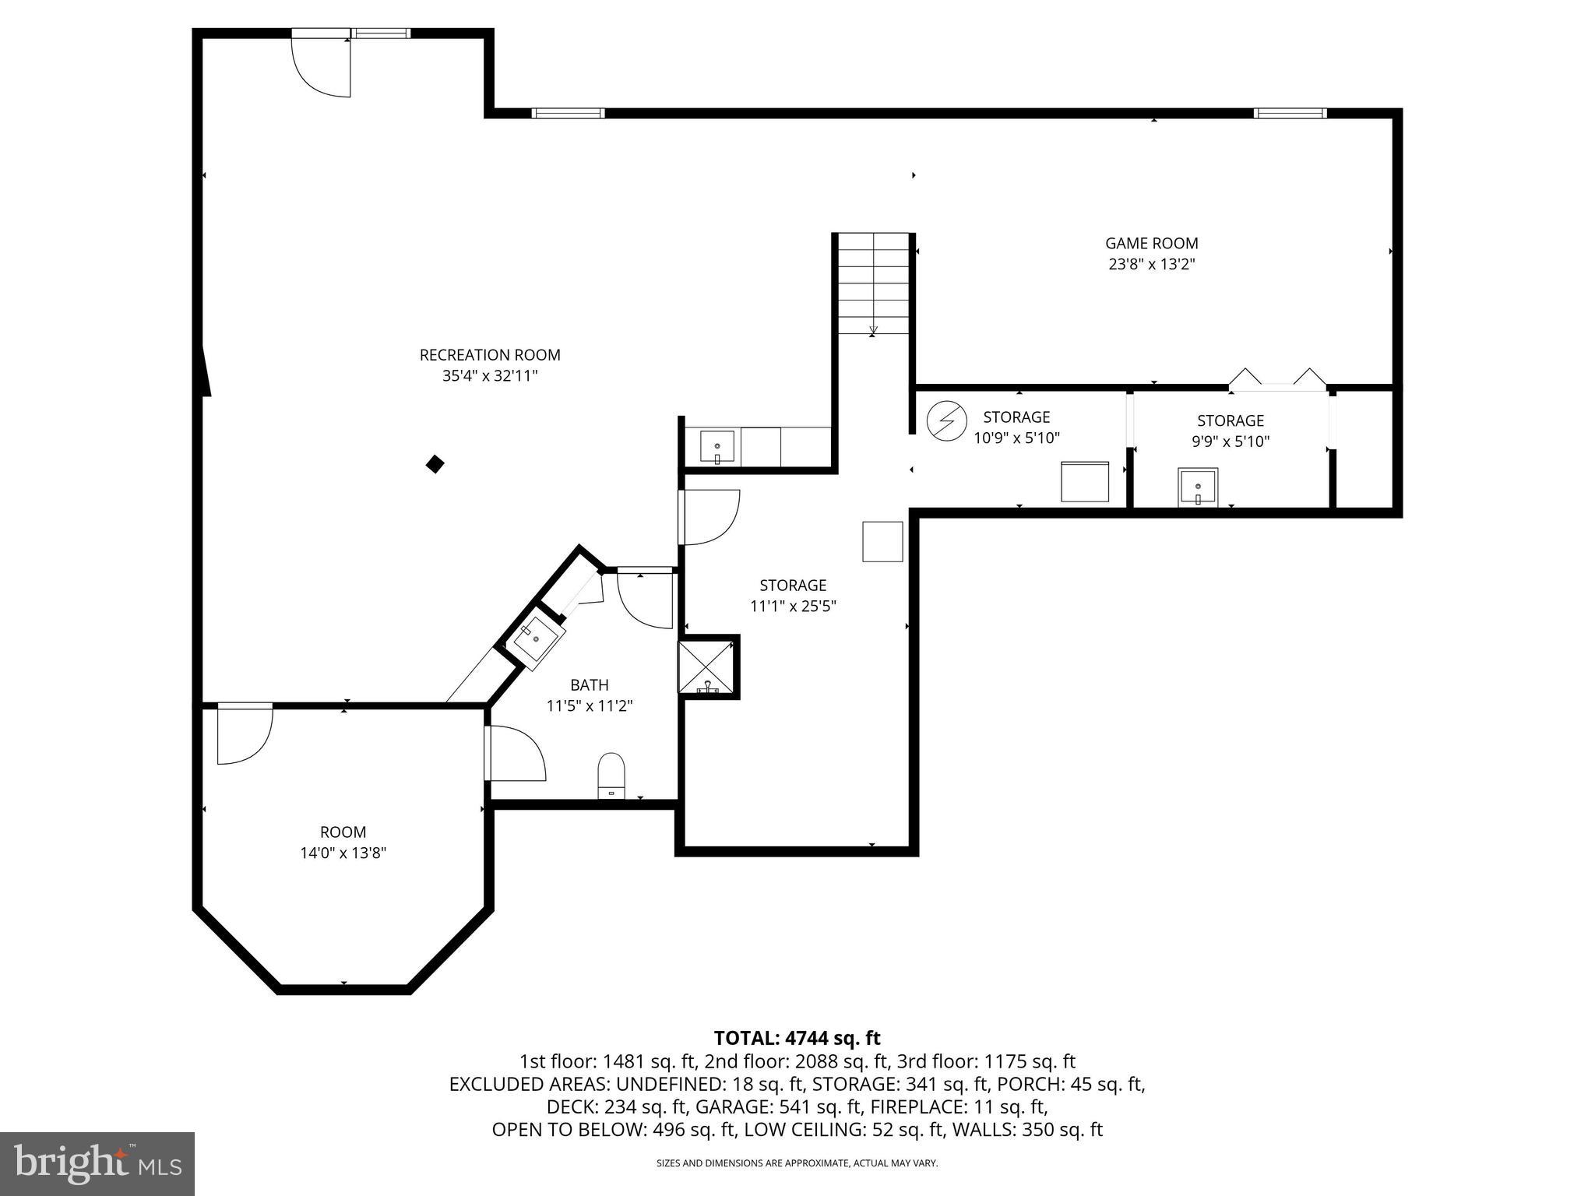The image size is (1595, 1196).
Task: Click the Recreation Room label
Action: pyautogui.click(x=490, y=355)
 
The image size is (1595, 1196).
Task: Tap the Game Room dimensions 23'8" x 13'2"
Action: pyautogui.click(x=1152, y=265)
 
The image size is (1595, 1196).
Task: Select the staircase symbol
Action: pyautogui.click(x=873, y=283)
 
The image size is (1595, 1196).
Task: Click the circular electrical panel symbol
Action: pyautogui.click(x=946, y=420)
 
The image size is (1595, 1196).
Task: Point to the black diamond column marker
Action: pyautogui.click(x=435, y=465)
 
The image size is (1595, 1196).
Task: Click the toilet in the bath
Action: pyautogui.click(x=611, y=775)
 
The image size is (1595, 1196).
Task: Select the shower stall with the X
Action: pyautogui.click(x=707, y=667)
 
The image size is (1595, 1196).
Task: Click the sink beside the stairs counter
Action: pyautogui.click(x=717, y=447)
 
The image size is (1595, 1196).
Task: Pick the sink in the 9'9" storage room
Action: pyautogui.click(x=1198, y=487)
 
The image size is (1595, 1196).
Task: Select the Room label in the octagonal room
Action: pyautogui.click(x=343, y=832)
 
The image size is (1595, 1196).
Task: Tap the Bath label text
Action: pyautogui.click(x=590, y=685)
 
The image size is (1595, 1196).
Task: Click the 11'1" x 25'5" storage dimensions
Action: pyautogui.click(x=793, y=607)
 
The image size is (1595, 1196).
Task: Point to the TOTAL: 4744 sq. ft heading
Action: pyautogui.click(x=797, y=1038)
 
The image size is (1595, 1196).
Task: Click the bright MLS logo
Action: pyautogui.click(x=97, y=1163)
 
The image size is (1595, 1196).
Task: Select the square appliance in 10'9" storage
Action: pyautogui.click(x=1085, y=482)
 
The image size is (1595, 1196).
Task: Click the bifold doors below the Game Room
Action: pyautogui.click(x=1277, y=380)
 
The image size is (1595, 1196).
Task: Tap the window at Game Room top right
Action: pyautogui.click(x=1290, y=114)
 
